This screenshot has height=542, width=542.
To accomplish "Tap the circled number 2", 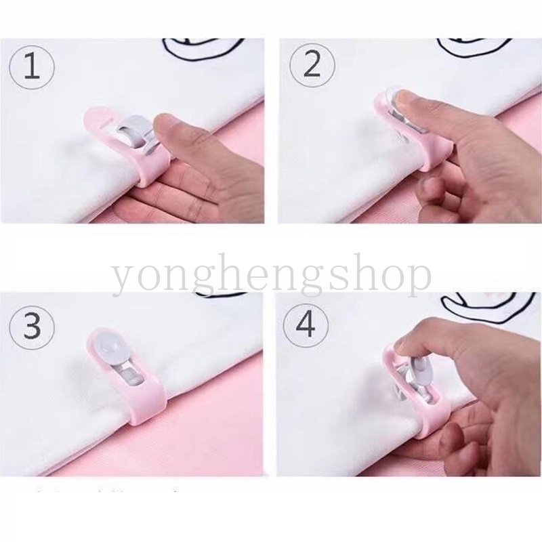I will click(312, 66).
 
